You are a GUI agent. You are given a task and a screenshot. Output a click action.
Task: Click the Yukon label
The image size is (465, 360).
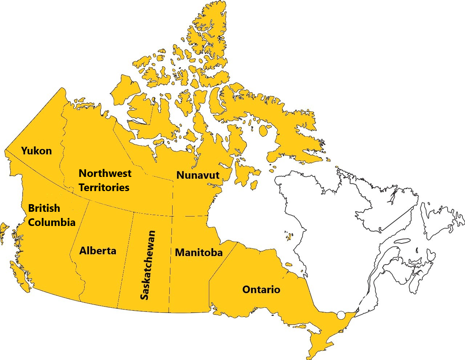[x=36, y=151]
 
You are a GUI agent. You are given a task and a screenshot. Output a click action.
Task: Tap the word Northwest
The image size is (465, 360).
[x=105, y=173]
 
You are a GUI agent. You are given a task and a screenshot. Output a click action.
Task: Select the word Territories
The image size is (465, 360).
[x=104, y=187]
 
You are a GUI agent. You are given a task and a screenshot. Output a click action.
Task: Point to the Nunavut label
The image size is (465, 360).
[x=198, y=175]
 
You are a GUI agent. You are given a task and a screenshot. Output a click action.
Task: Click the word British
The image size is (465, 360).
[x=44, y=208]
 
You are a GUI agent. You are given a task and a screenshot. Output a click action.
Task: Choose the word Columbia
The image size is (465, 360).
[x=52, y=222]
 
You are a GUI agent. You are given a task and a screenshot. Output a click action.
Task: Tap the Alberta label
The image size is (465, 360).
[x=98, y=251]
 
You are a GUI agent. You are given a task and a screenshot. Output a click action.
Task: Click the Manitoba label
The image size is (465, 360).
[x=199, y=252]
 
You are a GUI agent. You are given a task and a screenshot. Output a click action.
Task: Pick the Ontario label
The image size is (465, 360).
[x=261, y=290]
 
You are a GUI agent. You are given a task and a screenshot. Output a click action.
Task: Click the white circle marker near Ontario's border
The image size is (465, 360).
[x=341, y=315]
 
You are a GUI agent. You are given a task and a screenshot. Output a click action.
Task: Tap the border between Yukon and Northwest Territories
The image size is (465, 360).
[x=62, y=145]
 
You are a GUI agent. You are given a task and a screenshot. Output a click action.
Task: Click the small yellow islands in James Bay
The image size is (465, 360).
[x=289, y=237]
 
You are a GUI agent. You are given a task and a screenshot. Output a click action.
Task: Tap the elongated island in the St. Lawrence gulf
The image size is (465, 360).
[x=402, y=240]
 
